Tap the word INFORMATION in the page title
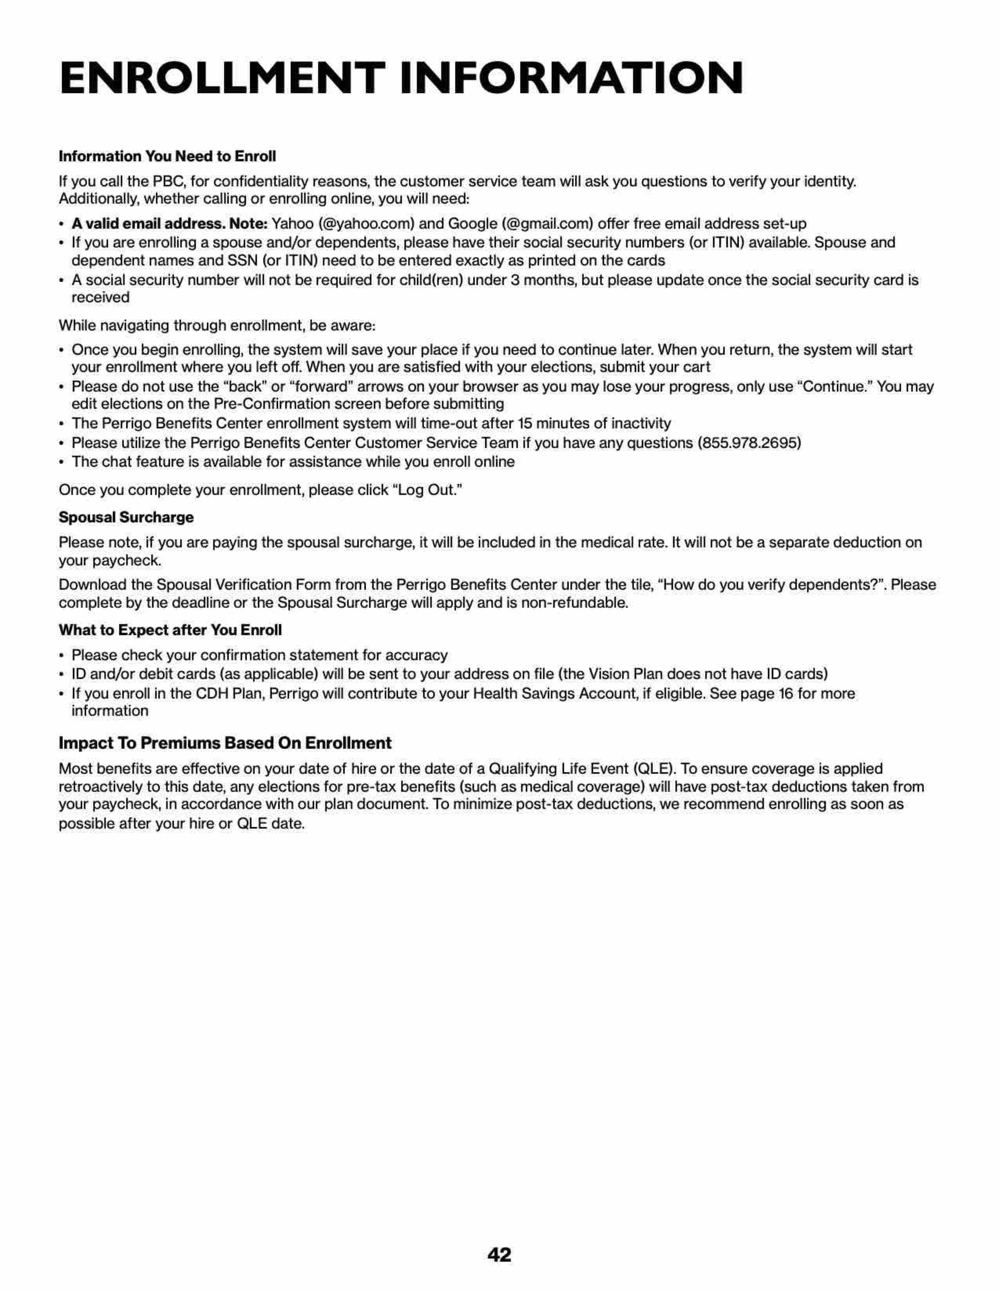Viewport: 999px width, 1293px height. [x=572, y=78]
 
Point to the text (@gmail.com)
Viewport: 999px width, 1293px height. [x=547, y=224]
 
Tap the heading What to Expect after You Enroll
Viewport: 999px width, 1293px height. [x=170, y=630]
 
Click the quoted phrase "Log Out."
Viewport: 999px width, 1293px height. [x=427, y=490]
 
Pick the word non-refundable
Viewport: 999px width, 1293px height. [x=576, y=603]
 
